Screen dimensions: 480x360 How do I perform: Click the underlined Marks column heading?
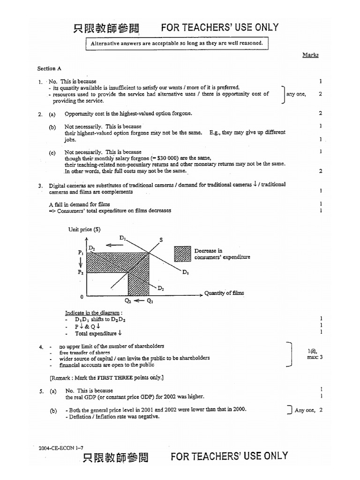tap(310, 55)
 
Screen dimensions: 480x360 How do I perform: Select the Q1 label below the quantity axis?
tap(150, 301)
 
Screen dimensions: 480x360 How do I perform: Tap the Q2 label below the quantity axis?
tap(128, 301)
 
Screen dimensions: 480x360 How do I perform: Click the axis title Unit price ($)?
tap(84, 229)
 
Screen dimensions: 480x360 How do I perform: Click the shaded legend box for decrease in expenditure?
tap(183, 254)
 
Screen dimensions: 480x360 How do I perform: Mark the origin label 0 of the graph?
tap(82, 297)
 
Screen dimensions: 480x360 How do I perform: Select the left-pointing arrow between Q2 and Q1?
tap(139, 301)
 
